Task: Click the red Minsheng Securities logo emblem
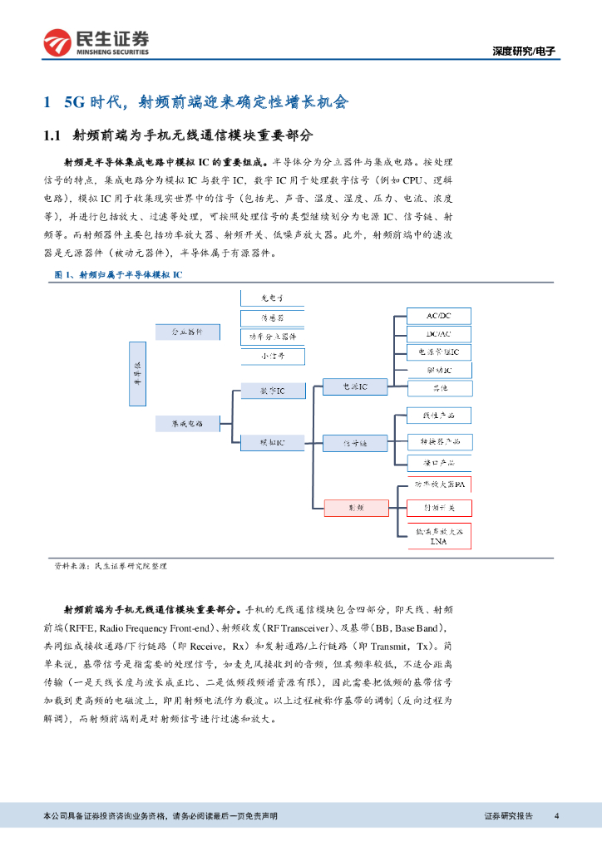click(x=57, y=42)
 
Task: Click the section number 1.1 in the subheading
click(x=53, y=135)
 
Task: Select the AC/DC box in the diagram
click(x=439, y=316)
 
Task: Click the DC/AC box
click(x=439, y=334)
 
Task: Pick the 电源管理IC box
click(x=439, y=352)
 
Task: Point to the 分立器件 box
click(x=187, y=332)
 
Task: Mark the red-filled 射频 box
click(x=355, y=507)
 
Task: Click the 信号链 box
click(x=356, y=444)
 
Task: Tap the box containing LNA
click(x=439, y=535)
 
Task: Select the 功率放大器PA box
click(x=439, y=483)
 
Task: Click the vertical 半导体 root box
click(x=138, y=374)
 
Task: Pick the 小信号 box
click(x=272, y=356)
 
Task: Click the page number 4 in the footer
click(x=556, y=816)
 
